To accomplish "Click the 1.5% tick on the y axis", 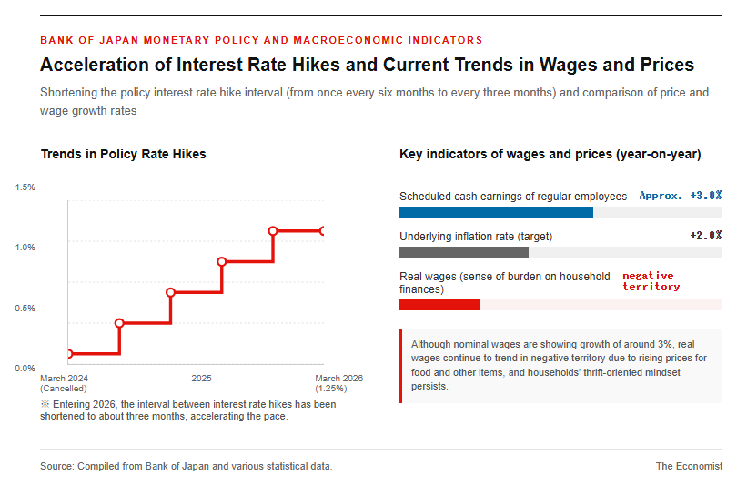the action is pos(25,187).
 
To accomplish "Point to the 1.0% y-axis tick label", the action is pos(25,248).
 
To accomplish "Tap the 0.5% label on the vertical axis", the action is pos(25,309).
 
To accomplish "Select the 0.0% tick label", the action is pos(25,369).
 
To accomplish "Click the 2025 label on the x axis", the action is pos(201,379).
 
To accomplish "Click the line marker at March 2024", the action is pos(69,354).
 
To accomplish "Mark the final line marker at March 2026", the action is pos(322,231).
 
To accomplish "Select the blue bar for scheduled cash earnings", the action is pos(497,212).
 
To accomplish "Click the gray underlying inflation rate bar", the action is pos(464,252).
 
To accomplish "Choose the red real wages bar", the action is pos(440,305).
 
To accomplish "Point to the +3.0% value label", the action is pos(706,196).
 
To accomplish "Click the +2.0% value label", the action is pos(706,236).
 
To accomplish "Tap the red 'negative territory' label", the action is pos(651,281).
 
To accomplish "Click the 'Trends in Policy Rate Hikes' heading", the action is pos(124,154).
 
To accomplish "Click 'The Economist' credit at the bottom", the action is pos(689,466).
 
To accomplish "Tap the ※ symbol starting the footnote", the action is pos(45,404).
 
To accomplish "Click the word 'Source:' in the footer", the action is pos(57,466).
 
